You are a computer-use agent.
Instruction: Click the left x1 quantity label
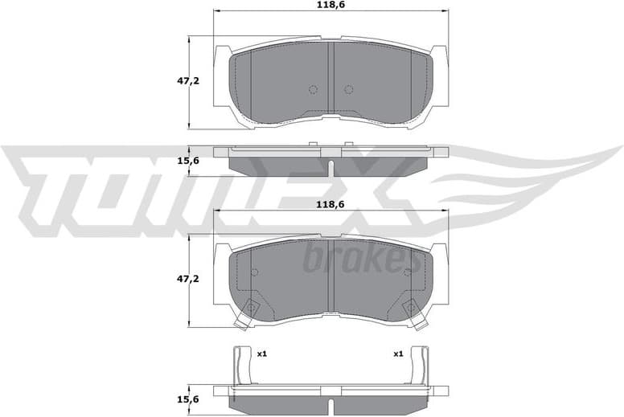(x=261, y=354)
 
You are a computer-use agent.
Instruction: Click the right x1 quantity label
(x=397, y=354)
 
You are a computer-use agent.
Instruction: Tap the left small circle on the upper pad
(x=314, y=89)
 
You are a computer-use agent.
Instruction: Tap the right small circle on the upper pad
(x=348, y=89)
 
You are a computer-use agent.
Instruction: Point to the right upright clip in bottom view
(x=419, y=366)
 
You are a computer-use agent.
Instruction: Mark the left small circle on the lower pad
(x=255, y=272)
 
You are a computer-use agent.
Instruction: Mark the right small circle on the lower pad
(x=407, y=272)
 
